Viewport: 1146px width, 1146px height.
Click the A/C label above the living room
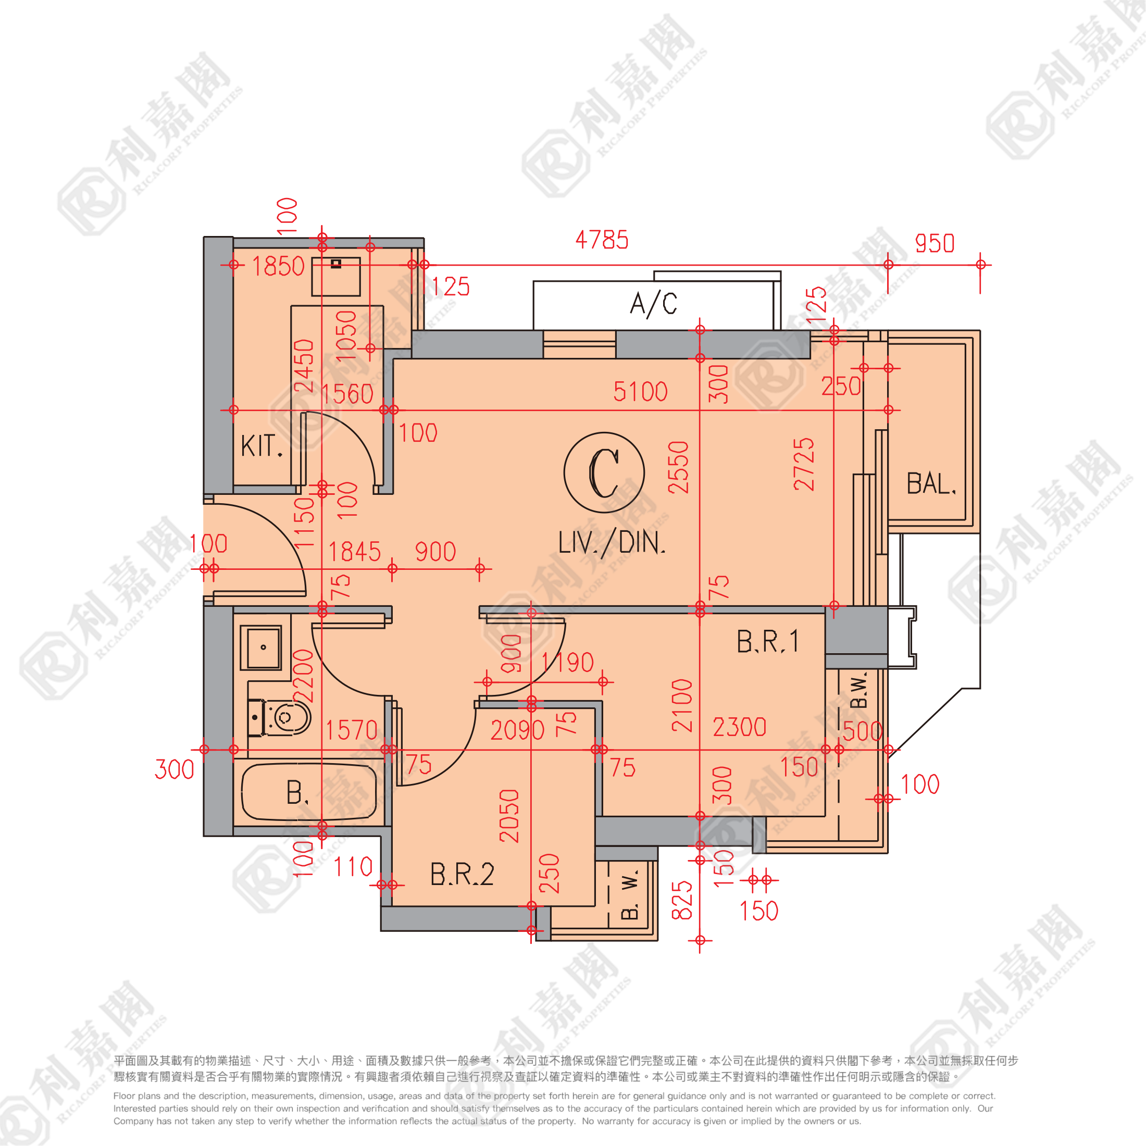(x=653, y=304)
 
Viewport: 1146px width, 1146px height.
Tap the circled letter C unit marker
(x=604, y=473)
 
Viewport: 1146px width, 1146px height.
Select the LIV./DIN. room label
(x=612, y=543)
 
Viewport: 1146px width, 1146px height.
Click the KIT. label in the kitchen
(x=261, y=445)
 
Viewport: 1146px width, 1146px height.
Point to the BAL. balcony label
(x=931, y=483)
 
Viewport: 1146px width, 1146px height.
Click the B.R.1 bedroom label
(x=767, y=642)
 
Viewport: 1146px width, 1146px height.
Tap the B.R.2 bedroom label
(x=462, y=874)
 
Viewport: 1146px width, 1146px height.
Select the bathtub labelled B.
(x=308, y=792)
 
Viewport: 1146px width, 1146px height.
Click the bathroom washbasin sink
(x=261, y=647)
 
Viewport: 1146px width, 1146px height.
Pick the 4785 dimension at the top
(x=602, y=240)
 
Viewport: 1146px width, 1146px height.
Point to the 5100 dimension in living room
(x=640, y=392)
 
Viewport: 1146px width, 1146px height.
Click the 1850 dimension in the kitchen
(x=278, y=266)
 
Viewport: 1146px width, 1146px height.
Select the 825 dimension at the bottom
(x=682, y=900)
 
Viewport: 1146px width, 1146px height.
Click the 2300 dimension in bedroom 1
(x=739, y=727)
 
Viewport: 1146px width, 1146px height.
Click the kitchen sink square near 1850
(x=336, y=277)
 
